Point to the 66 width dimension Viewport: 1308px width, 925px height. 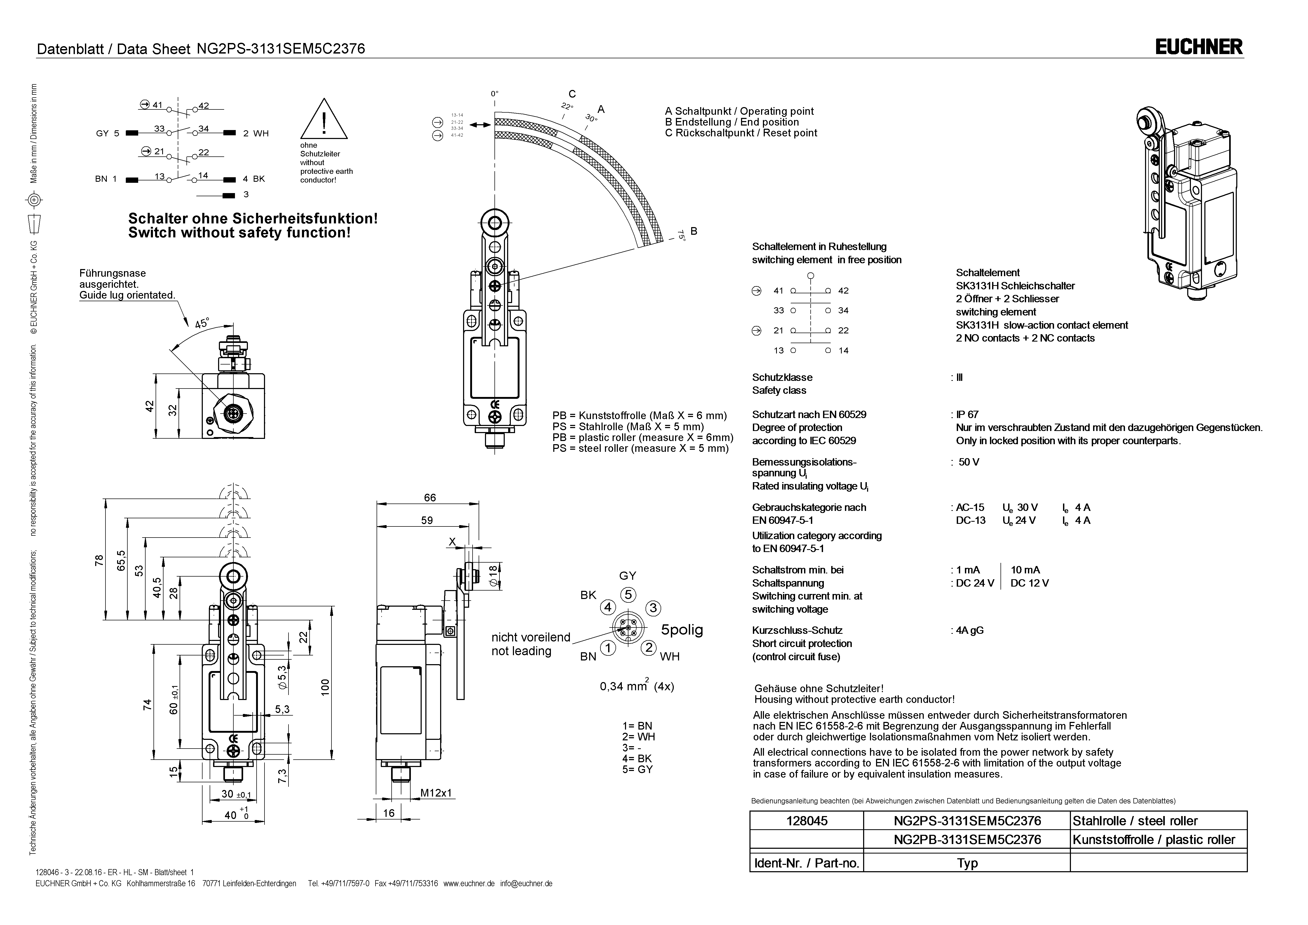(430, 497)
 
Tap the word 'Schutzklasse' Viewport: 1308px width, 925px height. (782, 377)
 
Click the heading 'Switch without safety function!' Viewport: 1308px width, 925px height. (239, 233)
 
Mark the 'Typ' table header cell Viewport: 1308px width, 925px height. (967, 863)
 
